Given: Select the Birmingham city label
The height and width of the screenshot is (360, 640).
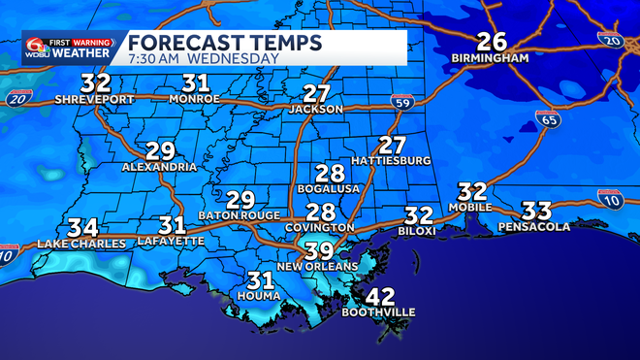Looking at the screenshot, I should point(490,58).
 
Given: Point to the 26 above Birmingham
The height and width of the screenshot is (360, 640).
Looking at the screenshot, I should point(492,42).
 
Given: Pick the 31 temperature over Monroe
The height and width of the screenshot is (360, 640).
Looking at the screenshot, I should point(197,82).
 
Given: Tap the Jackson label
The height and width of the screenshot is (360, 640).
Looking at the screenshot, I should point(316,110).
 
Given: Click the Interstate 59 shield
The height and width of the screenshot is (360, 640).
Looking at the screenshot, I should point(401,101).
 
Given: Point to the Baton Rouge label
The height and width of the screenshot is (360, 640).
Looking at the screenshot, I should point(240,214).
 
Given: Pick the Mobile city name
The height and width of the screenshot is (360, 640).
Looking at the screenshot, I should point(471,207).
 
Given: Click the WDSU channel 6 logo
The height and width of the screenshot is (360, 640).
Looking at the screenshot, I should point(39,47).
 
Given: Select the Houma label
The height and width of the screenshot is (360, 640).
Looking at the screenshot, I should point(259,295).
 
